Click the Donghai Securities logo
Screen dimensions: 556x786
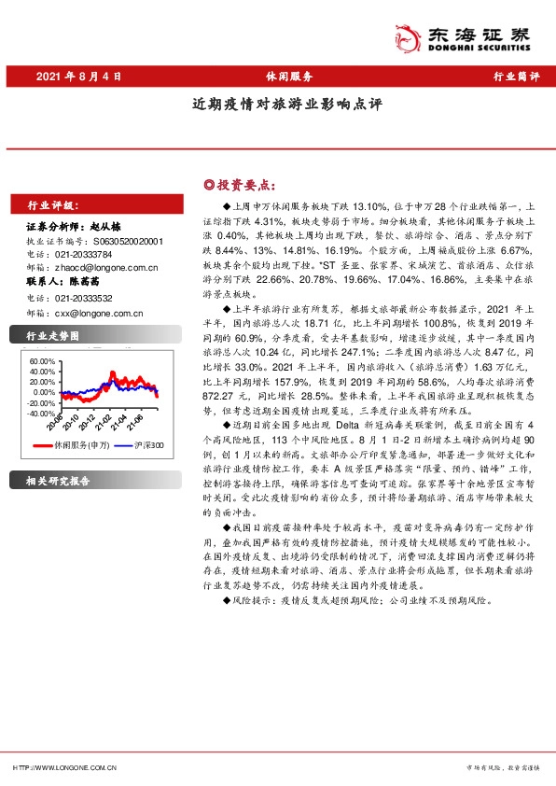coord(475,36)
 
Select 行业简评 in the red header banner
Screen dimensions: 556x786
coord(515,77)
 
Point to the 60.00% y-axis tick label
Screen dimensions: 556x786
coord(42,360)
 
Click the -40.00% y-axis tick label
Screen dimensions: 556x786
coord(42,412)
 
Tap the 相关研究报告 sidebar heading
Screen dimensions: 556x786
coord(59,482)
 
